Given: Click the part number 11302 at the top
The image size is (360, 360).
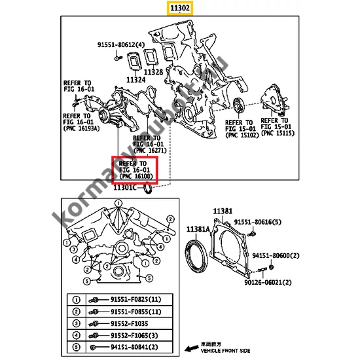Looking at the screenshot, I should coord(180,9).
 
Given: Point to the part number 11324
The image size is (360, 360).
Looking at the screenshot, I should coord(136,79).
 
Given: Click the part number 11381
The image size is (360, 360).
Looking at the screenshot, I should coord(223,211).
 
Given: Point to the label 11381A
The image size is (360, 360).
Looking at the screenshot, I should coord(198,229).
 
